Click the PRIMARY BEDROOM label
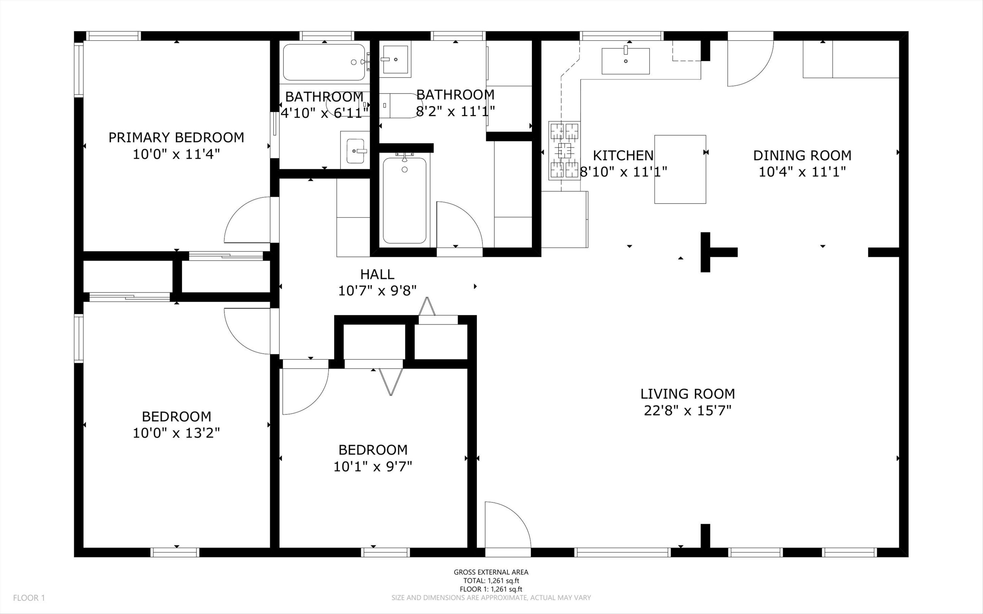coord(176,137)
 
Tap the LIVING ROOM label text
coord(687,393)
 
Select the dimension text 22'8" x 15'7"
coord(687,411)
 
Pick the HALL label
coord(377,274)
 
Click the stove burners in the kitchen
coord(564,150)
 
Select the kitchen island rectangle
coord(680,169)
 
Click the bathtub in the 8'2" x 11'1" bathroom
coord(404,200)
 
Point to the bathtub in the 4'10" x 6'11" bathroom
coord(324,62)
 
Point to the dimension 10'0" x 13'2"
coord(176,433)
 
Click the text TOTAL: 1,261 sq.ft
coord(491,581)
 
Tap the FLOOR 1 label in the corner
coord(29,598)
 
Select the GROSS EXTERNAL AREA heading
coord(491,572)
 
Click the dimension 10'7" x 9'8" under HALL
coord(377,291)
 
